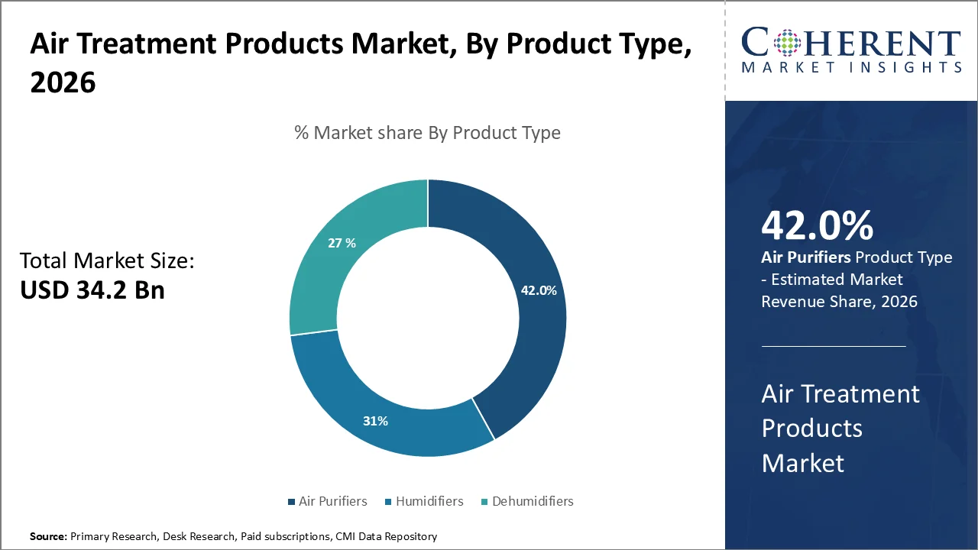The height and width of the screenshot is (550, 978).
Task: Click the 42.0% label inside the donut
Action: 539,290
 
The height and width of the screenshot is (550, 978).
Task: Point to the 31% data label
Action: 376,421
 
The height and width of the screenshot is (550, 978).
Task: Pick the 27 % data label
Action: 342,243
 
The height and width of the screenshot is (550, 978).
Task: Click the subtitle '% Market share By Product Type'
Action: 427,133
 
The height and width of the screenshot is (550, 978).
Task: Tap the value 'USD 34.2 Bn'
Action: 92,290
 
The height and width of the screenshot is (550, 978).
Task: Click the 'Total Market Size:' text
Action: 107,261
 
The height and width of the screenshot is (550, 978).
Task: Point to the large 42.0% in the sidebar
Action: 817,225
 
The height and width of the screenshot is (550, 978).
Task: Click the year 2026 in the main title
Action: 63,82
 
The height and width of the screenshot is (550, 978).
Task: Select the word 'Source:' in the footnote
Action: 48,537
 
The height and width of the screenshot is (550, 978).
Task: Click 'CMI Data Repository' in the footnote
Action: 386,537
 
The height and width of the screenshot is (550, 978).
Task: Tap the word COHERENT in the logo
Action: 851,42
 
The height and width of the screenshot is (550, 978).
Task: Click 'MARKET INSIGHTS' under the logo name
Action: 851,68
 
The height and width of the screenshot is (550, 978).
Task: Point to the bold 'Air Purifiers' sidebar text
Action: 805,257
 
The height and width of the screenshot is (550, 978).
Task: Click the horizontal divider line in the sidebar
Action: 834,346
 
